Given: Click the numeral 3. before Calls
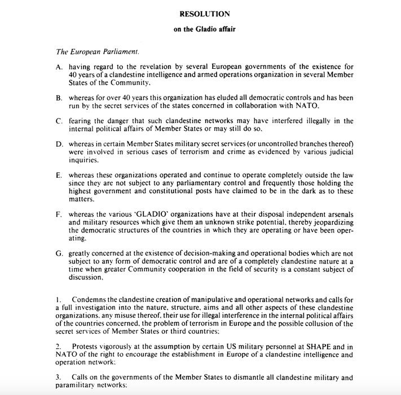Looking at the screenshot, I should point(58,376).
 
